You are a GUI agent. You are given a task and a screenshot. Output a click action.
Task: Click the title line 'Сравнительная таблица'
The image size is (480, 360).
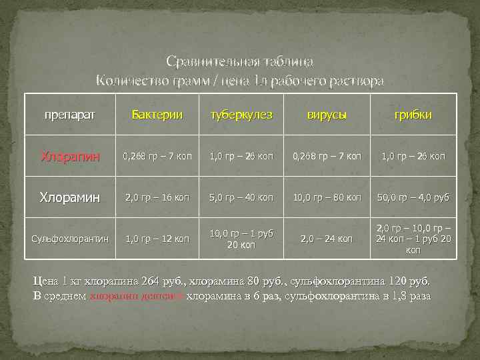pyautogui.click(x=240, y=62)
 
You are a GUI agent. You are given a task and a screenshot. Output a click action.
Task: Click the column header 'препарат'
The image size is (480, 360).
pyautogui.click(x=69, y=115)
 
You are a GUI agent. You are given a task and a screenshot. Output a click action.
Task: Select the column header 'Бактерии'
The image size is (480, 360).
pyautogui.click(x=157, y=115)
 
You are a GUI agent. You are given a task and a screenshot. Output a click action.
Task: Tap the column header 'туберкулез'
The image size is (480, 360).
pyautogui.click(x=241, y=115)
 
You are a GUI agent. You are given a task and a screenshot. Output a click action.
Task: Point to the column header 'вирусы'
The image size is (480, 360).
pyautogui.click(x=327, y=115)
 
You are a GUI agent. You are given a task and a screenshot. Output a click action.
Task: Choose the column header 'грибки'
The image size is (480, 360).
pyautogui.click(x=413, y=115)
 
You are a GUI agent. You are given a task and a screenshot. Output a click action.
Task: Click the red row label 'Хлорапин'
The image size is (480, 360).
pyautogui.click(x=70, y=157)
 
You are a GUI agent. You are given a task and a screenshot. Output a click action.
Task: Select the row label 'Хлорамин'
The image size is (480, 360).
pyautogui.click(x=70, y=197)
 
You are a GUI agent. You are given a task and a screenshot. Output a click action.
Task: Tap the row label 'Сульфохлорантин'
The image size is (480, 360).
pyautogui.click(x=70, y=239)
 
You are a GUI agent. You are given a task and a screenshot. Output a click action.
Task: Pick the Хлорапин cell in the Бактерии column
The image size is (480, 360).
pyautogui.click(x=157, y=157)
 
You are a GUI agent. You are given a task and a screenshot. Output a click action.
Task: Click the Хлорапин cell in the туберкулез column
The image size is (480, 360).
pyautogui.click(x=241, y=157)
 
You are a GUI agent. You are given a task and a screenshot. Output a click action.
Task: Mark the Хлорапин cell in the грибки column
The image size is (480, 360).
pyautogui.click(x=413, y=157)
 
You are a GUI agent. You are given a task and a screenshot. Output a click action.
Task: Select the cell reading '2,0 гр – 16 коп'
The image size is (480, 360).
pyautogui.click(x=157, y=198)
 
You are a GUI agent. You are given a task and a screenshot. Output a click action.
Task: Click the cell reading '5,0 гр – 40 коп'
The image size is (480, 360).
pyautogui.click(x=241, y=198)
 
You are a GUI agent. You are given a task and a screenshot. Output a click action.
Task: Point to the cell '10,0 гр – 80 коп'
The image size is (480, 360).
pyautogui.click(x=327, y=198)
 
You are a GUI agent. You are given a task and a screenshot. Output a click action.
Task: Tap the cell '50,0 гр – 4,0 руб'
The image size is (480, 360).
pyautogui.click(x=413, y=198)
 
